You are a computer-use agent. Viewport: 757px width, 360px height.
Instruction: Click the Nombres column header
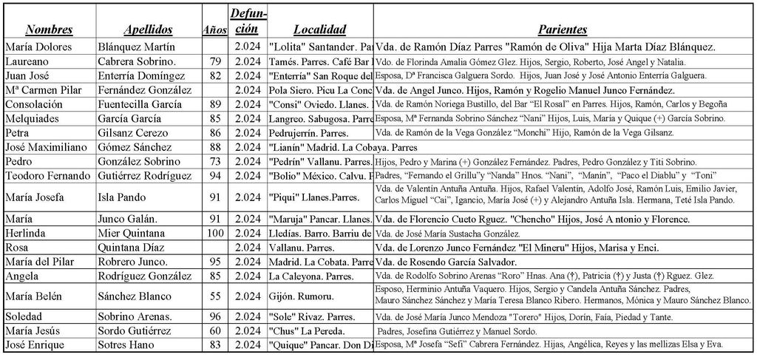[50, 30]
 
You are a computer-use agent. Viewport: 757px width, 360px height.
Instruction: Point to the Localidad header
[319, 30]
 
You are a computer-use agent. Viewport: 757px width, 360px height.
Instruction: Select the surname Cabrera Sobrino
[137, 61]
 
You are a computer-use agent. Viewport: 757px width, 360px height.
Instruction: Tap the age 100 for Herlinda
[214, 233]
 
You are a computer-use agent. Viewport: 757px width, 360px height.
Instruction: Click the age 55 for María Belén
[215, 296]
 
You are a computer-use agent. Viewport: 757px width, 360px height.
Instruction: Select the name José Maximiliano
[44, 147]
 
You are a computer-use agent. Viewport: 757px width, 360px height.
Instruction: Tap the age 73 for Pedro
[215, 161]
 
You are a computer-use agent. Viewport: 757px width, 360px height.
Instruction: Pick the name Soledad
[24, 316]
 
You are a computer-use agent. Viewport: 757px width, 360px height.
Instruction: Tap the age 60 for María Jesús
[215, 330]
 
